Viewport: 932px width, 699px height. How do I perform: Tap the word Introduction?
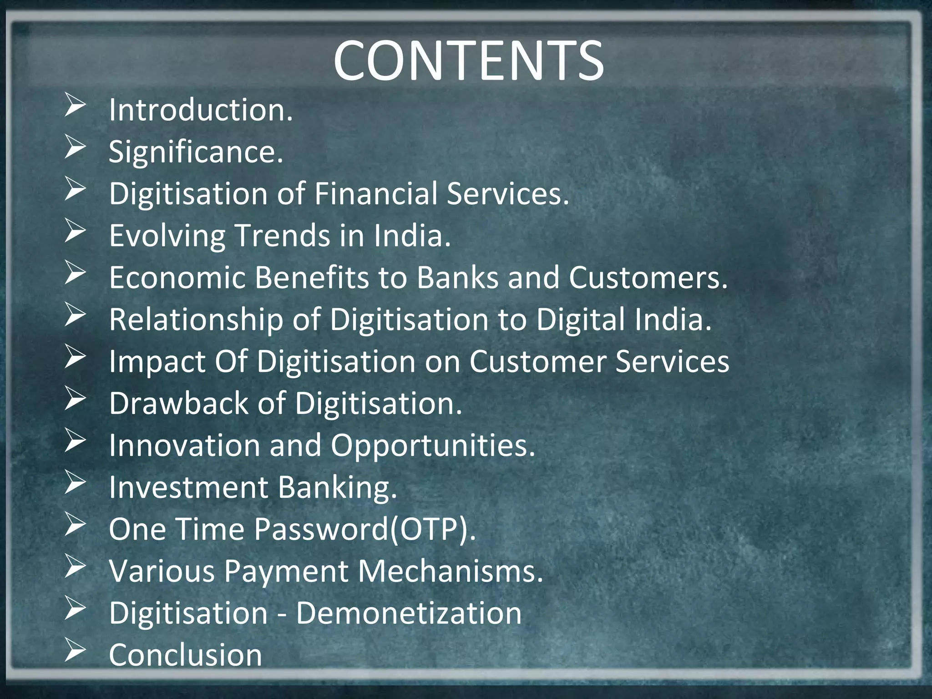pyautogui.click(x=200, y=110)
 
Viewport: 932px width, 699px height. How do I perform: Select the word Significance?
pyautogui.click(x=196, y=152)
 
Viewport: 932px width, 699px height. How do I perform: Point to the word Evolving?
pyautogui.click(x=167, y=236)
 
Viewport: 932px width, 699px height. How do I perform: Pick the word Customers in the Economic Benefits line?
pyautogui.click(x=648, y=278)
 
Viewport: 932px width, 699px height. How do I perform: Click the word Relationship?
pyautogui.click(x=196, y=319)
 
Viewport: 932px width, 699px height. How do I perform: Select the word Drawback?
pyautogui.click(x=179, y=404)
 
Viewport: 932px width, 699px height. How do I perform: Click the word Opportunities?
pyautogui.click(x=433, y=446)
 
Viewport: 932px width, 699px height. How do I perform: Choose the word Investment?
pyautogui.click(x=188, y=487)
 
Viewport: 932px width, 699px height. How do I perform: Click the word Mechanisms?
pyautogui.click(x=451, y=571)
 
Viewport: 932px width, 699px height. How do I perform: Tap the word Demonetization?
pyautogui.click(x=409, y=613)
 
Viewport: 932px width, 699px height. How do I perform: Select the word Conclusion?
pyautogui.click(x=185, y=655)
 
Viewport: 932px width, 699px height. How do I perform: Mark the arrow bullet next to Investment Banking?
pyautogui.click(x=75, y=482)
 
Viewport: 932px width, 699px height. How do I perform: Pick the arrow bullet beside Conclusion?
pyautogui.click(x=75, y=650)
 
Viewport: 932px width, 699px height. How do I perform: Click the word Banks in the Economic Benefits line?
pyautogui.click(x=458, y=278)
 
